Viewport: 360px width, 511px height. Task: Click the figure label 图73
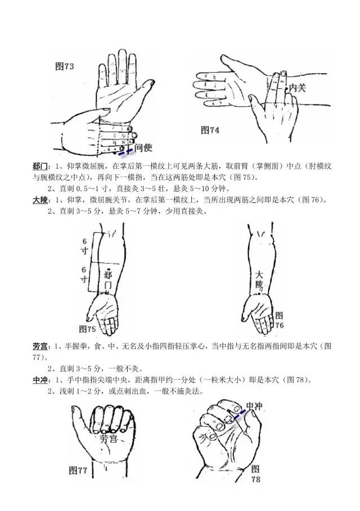coord(65,66)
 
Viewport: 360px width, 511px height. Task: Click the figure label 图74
coord(210,130)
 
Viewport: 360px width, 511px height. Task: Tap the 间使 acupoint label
coord(143,148)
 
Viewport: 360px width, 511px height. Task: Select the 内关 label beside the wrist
coord(298,88)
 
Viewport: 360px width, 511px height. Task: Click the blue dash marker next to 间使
coord(125,152)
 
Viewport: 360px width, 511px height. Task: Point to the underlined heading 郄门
coord(40,166)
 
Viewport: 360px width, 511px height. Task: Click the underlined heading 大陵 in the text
coord(40,200)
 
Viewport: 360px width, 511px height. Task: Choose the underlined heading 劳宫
coord(40,346)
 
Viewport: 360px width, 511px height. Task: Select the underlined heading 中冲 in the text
coord(40,380)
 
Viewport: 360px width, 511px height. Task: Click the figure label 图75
coord(87,329)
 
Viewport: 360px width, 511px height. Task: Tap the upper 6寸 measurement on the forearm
coord(84,246)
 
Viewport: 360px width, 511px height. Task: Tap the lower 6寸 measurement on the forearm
coord(84,275)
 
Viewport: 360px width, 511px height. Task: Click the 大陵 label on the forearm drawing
coord(259,279)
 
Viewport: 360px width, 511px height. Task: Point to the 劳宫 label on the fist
coord(108,439)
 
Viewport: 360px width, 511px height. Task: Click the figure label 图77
coord(78,471)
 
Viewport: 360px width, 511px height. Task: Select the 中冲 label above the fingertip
coord(254,406)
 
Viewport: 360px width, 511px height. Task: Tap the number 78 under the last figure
coord(255,480)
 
